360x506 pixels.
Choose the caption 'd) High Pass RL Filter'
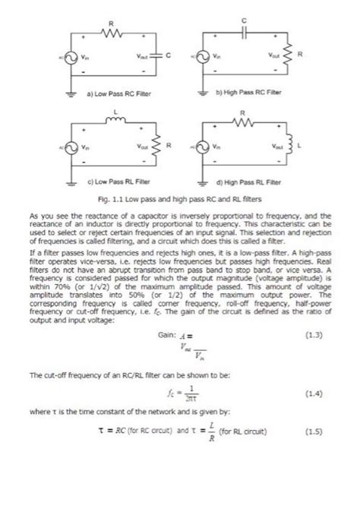248,182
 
